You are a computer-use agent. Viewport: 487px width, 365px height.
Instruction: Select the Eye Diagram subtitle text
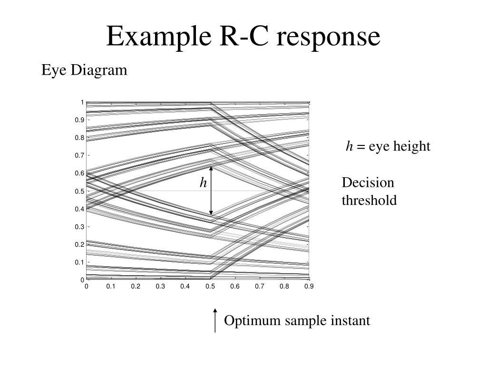click(84, 70)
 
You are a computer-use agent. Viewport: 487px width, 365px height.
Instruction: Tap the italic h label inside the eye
click(203, 182)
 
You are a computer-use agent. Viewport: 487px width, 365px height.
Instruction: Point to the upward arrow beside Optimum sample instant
click(215, 320)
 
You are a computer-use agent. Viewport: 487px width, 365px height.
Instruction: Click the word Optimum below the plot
click(253, 321)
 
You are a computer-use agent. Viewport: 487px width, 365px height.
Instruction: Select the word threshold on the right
click(369, 201)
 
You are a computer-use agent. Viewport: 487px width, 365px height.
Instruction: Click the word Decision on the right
click(368, 183)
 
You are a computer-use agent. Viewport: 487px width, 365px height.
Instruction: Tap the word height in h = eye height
click(412, 146)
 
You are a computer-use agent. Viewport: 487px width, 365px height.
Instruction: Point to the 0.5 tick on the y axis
click(79, 191)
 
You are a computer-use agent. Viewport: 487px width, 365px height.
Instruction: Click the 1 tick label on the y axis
click(82, 102)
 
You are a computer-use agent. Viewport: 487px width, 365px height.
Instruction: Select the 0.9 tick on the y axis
click(79, 120)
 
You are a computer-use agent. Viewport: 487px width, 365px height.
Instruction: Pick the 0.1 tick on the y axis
click(79, 262)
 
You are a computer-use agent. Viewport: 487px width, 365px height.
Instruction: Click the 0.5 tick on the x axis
click(210, 287)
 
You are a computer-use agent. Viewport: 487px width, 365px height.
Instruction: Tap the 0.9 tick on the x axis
click(309, 287)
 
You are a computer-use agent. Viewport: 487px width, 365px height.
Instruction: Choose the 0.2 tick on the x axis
click(136, 287)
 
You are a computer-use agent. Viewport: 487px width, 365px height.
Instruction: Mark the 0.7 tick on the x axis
click(259, 287)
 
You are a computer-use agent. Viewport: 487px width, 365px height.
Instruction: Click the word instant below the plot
click(351, 321)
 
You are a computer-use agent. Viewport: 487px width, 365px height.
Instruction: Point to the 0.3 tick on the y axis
click(79, 227)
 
